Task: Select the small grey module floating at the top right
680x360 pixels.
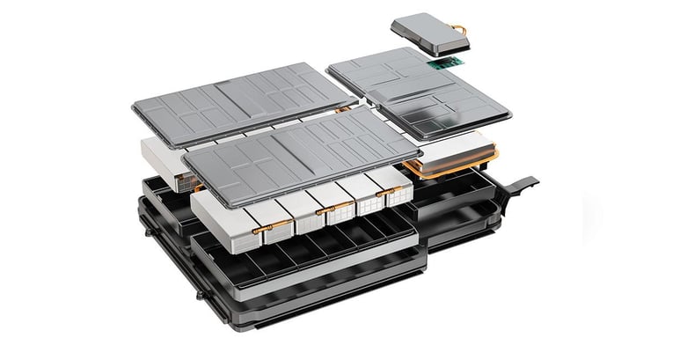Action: (428, 32)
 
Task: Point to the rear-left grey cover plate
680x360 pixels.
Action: (238, 97)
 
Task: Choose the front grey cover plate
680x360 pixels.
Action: (299, 153)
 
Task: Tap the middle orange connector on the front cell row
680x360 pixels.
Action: (327, 209)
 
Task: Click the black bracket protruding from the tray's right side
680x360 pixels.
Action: (524, 186)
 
